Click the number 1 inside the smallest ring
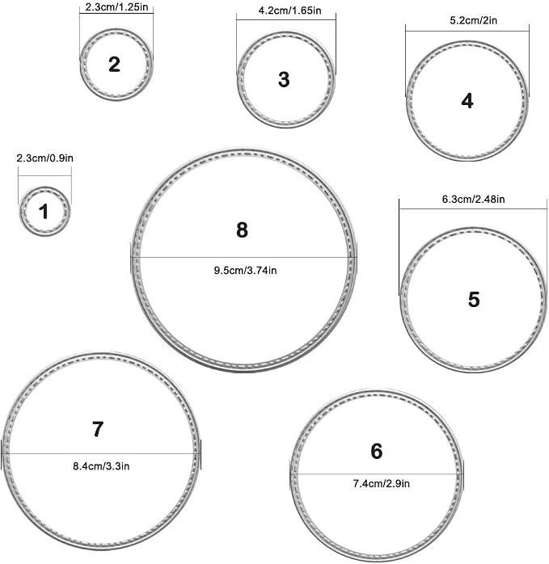pos(44,212)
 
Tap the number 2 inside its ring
pos(115,64)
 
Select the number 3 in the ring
pos(284,79)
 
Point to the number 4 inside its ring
pos(467,101)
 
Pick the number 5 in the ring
pos(474,299)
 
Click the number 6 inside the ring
pos(377,451)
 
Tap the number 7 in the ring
pos(98,429)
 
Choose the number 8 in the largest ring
pos(242,229)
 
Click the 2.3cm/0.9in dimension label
pos(45,158)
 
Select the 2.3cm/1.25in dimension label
pos(116,7)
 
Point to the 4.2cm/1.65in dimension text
pos(289,11)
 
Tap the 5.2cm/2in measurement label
pos(473,20)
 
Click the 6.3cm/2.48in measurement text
pos(473,199)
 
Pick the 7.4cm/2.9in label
pos(382,483)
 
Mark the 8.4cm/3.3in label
pos(101,466)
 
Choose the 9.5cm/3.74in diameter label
pos(246,270)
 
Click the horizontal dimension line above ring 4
pos(467,31)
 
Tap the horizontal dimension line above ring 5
pos(473,208)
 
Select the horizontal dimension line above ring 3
pos(286,19)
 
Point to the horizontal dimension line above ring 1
pos(44,176)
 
